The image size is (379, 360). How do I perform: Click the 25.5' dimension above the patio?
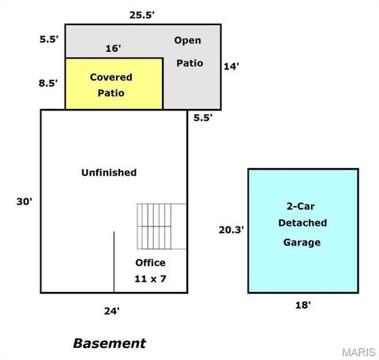pos(141,15)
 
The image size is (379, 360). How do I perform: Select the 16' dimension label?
pos(113,48)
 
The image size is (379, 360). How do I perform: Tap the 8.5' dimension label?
pos(48,83)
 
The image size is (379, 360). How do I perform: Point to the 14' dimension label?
pos(231,66)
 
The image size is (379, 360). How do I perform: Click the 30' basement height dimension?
pos(24,201)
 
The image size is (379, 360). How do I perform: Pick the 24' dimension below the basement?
pos(112,311)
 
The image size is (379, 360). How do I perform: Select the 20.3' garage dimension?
pos(231,230)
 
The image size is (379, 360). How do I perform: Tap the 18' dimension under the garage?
pos(303,305)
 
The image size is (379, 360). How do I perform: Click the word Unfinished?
pos(109,172)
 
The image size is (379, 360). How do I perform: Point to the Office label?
pos(150,263)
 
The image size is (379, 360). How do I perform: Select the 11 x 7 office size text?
pos(150,279)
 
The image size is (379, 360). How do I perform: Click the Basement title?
pos(110,343)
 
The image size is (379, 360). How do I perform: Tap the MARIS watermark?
pos(358,352)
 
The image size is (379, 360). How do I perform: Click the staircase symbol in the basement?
pos(162,227)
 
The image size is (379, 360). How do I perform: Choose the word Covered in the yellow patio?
pos(111,77)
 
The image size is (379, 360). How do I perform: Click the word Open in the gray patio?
pos(188,40)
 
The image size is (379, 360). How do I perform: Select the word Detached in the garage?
pos(302,223)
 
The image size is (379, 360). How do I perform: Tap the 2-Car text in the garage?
pos(301,206)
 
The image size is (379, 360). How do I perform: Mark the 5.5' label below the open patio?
pos(203,118)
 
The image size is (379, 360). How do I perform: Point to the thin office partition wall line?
pos(114,262)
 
